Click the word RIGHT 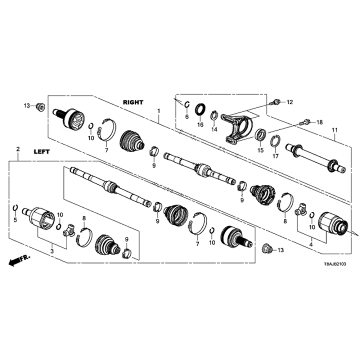tap(133, 102)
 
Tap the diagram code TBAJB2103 tap(334, 264)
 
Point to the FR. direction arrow tap(19, 260)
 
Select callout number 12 tap(290, 102)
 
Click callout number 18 tap(320, 122)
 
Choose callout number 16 tap(200, 125)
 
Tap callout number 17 tap(276, 156)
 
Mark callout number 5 tap(15, 219)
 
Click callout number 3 tap(52, 250)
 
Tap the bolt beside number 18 tap(305, 122)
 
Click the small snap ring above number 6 tap(186, 104)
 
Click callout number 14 tap(214, 129)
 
